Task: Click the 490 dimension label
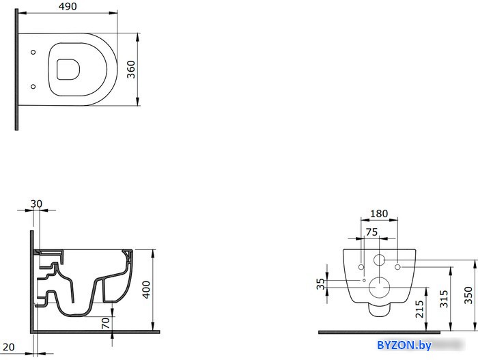68,6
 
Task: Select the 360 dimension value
131,70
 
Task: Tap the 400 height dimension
146,290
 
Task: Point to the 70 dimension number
105,323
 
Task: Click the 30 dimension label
36,204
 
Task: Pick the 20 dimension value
8,347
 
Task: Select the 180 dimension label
379,214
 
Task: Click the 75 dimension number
371,232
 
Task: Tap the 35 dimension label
321,283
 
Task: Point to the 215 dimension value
420,309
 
